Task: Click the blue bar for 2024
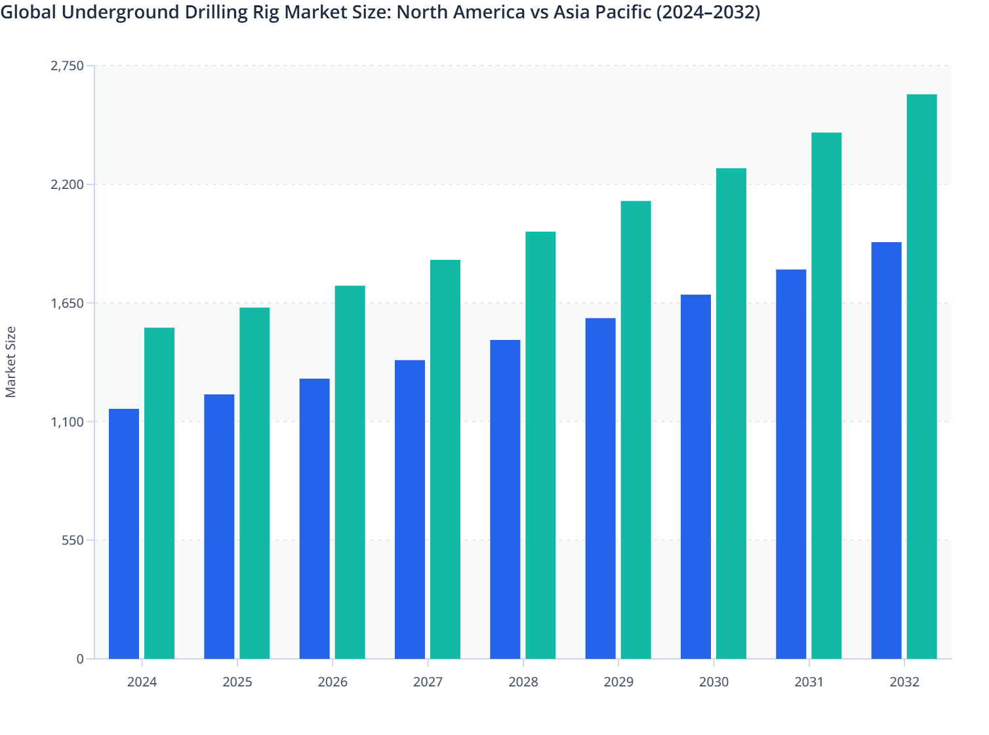[124, 534]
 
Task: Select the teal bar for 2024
[159, 493]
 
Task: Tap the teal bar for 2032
[921, 376]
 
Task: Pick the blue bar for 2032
[886, 450]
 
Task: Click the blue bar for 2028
[505, 499]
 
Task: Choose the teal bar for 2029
[636, 429]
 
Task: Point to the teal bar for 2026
[350, 472]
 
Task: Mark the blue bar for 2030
[696, 476]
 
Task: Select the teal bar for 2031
[826, 395]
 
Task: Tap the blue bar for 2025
[219, 526]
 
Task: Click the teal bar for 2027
[445, 459]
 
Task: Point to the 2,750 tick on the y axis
[68, 66]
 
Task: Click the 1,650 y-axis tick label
[68, 303]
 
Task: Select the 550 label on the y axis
[72, 540]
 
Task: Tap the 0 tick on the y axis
[80, 659]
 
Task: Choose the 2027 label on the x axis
[428, 682]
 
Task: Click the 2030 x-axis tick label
[714, 682]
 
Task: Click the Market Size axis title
[10, 362]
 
